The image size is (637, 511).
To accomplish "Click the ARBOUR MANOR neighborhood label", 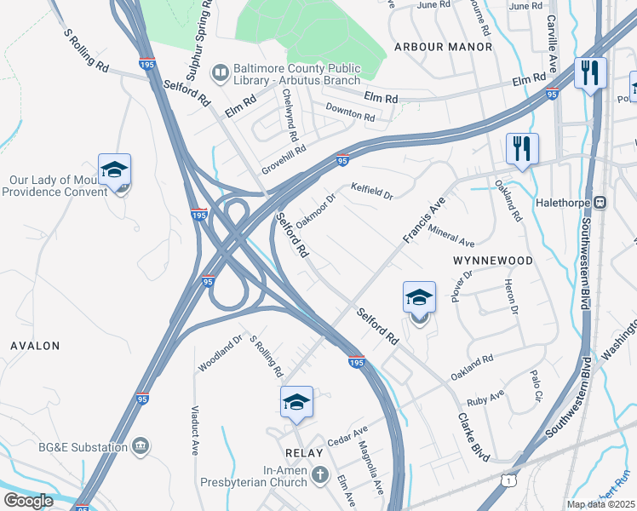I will [444, 47].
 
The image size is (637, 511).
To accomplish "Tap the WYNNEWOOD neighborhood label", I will [493, 260].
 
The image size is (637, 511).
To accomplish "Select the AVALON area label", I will [35, 346].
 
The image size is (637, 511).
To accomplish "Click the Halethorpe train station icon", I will [600, 203].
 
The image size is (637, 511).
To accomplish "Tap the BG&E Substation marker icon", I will [141, 445].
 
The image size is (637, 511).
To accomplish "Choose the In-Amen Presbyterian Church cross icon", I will [320, 474].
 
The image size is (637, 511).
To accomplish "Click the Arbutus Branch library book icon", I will [221, 72].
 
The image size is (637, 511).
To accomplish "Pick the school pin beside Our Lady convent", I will [114, 171].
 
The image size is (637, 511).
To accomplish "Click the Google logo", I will [28, 501].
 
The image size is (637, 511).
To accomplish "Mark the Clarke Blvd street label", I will [473, 438].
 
